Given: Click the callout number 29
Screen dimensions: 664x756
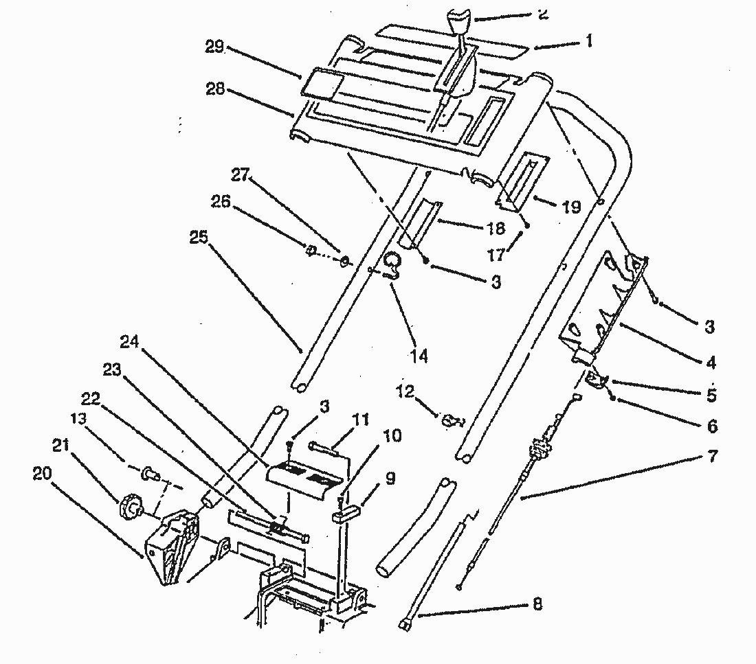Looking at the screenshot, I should click(x=215, y=47).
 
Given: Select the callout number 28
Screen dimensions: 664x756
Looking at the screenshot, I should click(x=215, y=89).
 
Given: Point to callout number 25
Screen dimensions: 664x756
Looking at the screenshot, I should click(x=199, y=238).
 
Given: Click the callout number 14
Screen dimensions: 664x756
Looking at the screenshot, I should click(x=419, y=356).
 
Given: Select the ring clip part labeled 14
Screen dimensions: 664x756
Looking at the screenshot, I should click(x=392, y=265).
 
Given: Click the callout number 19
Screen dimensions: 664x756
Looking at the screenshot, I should click(x=571, y=207).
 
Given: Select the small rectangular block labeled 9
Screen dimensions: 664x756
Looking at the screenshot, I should click(x=343, y=512).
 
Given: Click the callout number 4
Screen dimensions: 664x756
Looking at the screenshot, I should click(x=710, y=362).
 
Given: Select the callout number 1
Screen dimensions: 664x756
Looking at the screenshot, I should click(x=588, y=41).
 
